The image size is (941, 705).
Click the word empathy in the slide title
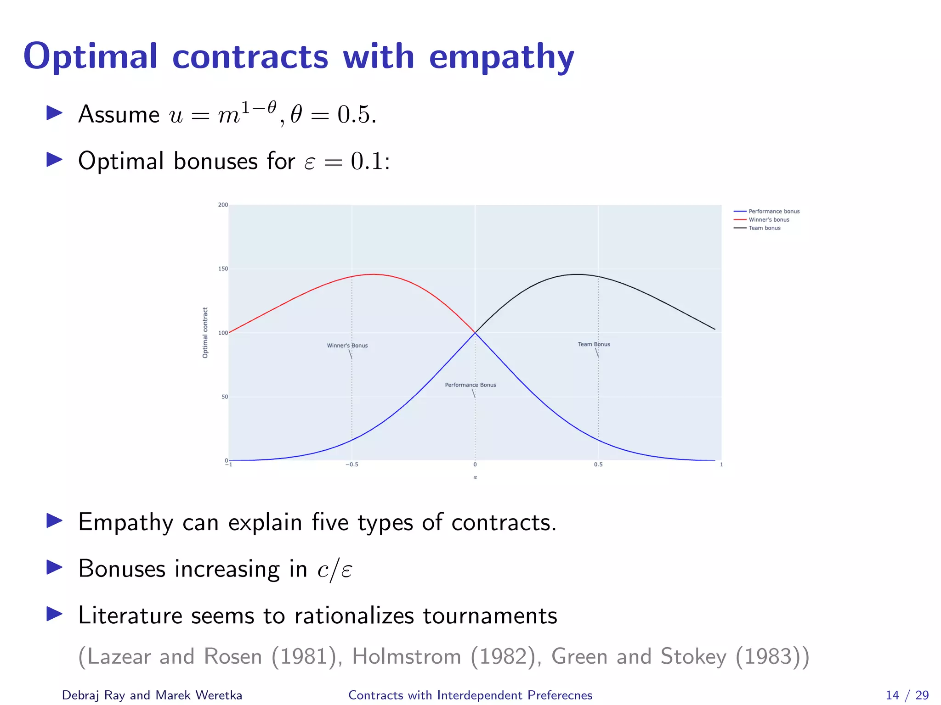[x=501, y=57]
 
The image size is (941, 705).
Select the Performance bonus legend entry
[x=774, y=212]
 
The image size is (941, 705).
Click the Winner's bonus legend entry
[x=769, y=220]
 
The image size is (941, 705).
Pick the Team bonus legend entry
[x=765, y=228]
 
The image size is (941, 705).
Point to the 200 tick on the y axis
[x=223, y=205]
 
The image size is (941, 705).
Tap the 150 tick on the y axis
[x=223, y=269]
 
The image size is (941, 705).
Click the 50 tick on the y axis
[x=224, y=397]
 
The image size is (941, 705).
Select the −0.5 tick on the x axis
[x=351, y=465]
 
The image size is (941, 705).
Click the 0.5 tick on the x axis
[x=598, y=465]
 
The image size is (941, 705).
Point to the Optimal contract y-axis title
[x=205, y=333]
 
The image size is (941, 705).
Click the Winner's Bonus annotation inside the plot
[x=347, y=346]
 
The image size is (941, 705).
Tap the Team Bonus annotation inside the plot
[x=594, y=344]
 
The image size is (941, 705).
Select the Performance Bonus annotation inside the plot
[x=470, y=385]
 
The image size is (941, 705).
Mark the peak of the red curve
[x=373, y=274]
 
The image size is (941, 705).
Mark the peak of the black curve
[x=577, y=274]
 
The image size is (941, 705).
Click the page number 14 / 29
[x=907, y=695]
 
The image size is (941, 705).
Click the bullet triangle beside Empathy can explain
[x=55, y=521]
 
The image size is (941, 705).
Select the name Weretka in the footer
[x=219, y=695]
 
